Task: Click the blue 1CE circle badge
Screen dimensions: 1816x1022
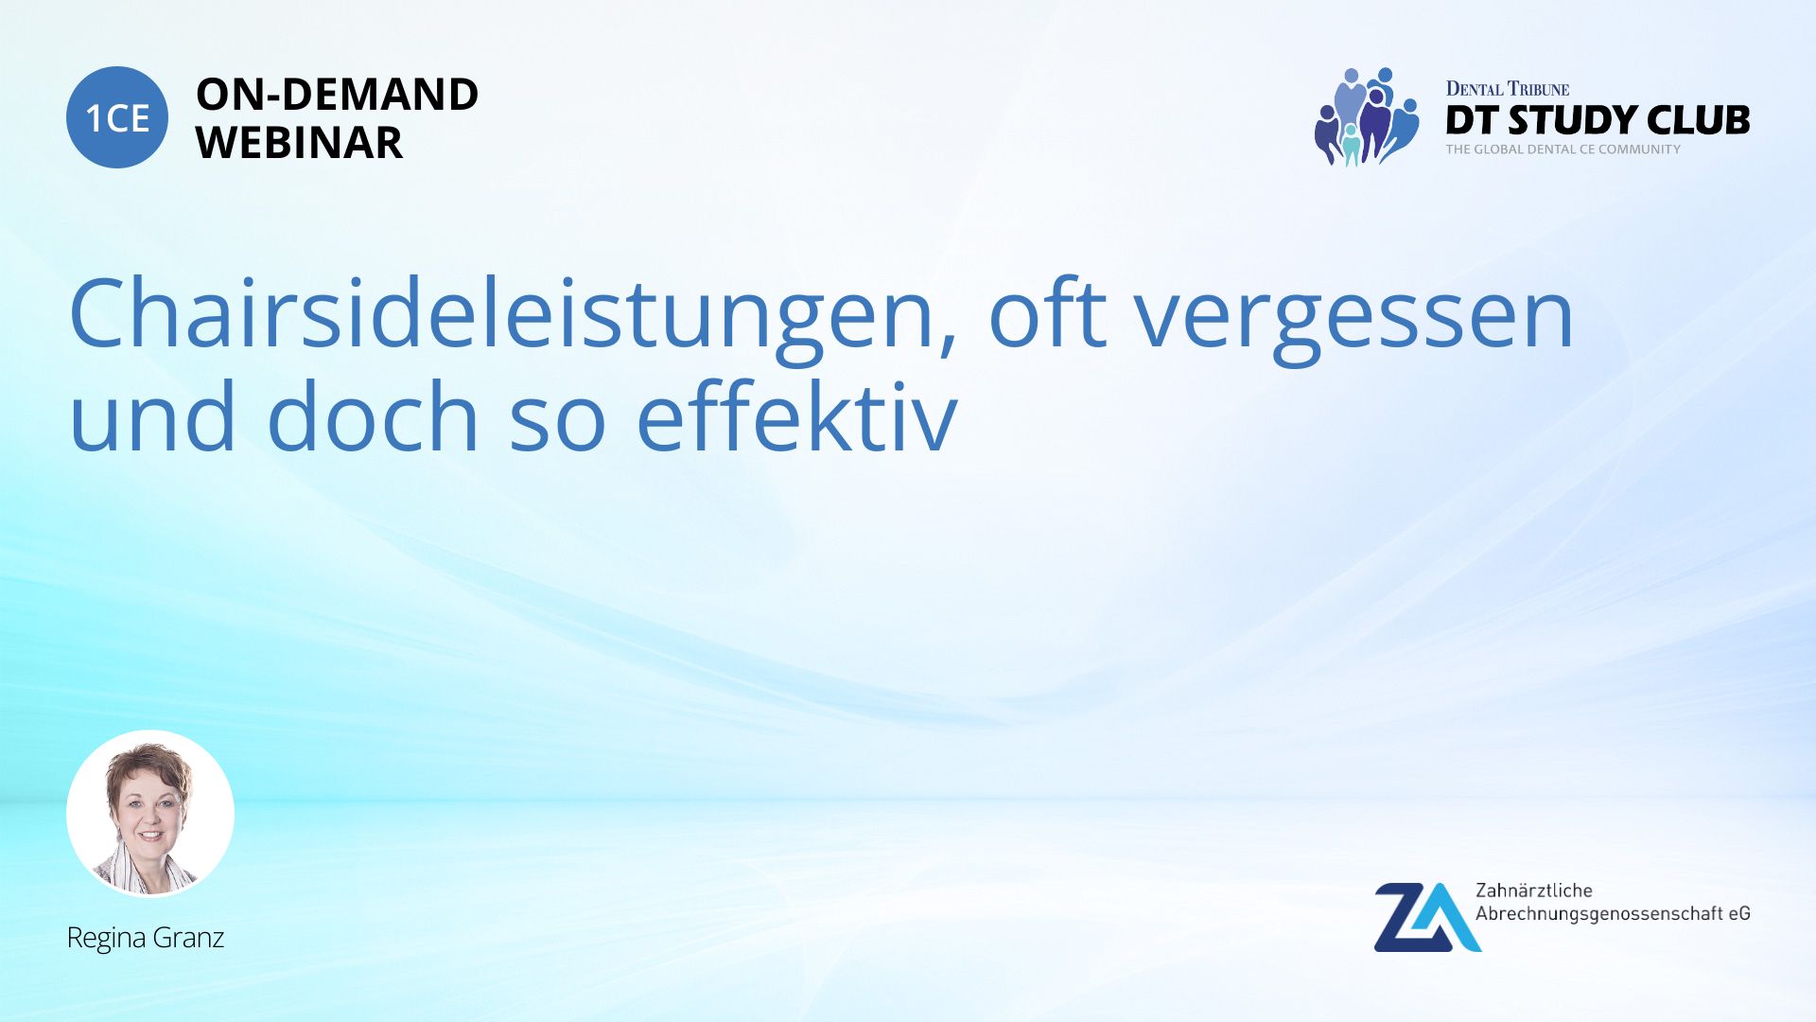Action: (117, 117)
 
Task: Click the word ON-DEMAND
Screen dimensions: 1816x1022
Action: (337, 95)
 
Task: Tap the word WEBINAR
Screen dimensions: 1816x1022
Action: (299, 143)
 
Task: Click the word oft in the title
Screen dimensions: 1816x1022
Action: (1047, 313)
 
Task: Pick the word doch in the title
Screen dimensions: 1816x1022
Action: (374, 415)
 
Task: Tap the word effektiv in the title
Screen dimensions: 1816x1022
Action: (796, 415)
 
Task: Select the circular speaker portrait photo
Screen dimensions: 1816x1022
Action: (150, 814)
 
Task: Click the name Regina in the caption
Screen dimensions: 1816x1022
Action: (105, 939)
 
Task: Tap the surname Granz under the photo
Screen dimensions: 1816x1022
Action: (188, 938)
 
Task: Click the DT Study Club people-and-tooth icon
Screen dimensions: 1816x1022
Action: (1367, 117)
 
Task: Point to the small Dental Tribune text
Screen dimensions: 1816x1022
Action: (1508, 89)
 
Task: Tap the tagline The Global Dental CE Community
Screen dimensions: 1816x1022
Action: (1563, 150)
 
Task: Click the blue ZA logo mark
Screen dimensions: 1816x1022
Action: (1427, 917)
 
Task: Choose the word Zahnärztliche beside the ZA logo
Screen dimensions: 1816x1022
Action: (1534, 890)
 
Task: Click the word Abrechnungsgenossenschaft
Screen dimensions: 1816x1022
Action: (1599, 914)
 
